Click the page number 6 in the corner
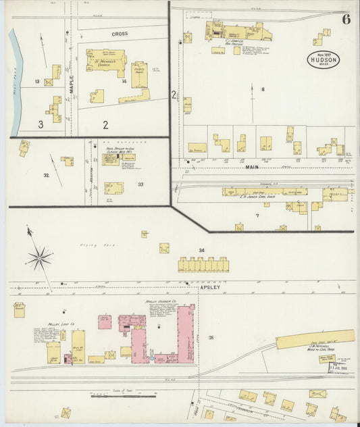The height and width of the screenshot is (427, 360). click(345, 18)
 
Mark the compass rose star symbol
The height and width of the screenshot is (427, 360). click(39, 257)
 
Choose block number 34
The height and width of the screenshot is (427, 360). click(201, 251)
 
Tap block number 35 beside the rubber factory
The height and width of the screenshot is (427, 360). click(211, 337)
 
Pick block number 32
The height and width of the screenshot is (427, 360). click(46, 175)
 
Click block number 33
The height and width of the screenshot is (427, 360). click(140, 184)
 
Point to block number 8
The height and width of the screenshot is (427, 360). click(263, 89)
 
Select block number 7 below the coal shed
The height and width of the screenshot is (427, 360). click(257, 216)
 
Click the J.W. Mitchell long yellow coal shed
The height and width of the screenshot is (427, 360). click(315, 339)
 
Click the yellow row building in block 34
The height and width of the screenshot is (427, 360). click(203, 264)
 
